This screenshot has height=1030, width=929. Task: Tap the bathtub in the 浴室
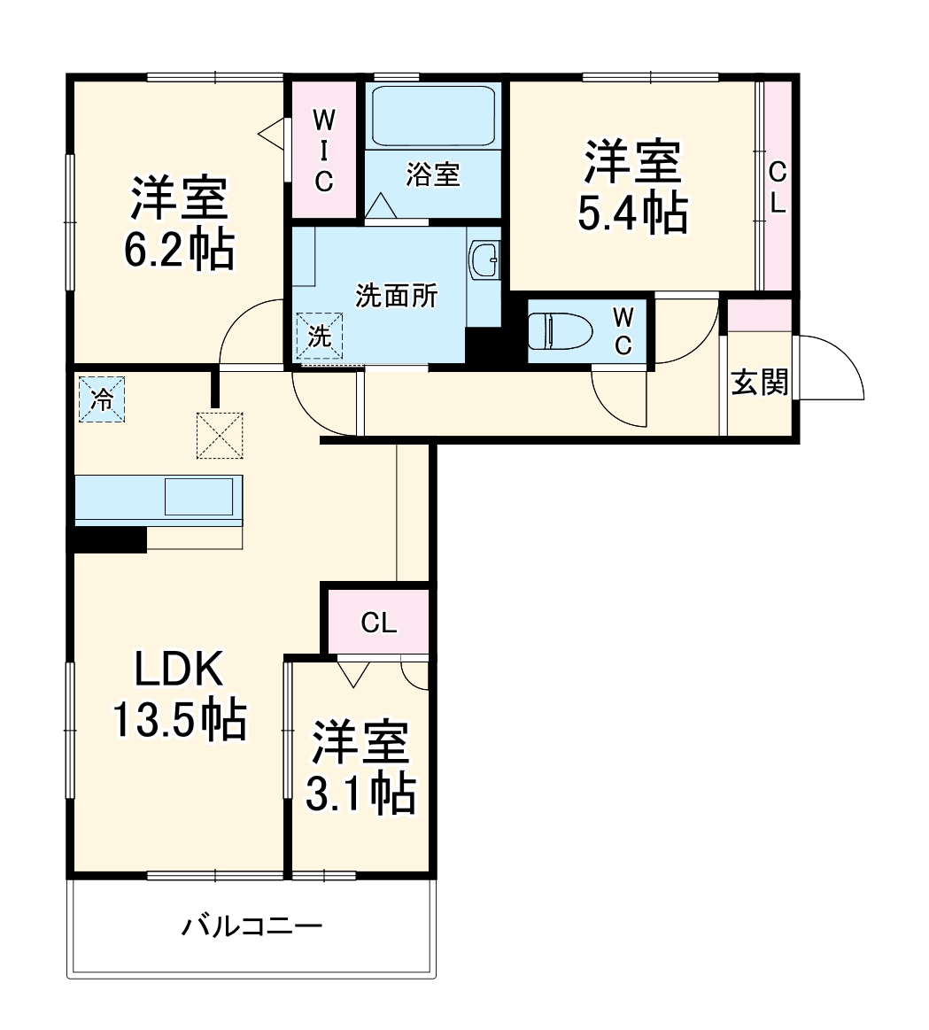pos(432,116)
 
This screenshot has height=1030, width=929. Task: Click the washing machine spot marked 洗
pos(319,335)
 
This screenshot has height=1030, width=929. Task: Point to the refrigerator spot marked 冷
pos(103,399)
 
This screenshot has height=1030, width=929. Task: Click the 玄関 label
pos(759,383)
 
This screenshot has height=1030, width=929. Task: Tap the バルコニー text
pos(252,927)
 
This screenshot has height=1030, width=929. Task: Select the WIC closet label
pos(324,150)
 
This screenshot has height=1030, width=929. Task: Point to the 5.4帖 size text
pos(632,213)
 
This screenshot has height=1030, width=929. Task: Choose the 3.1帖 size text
pos(360,794)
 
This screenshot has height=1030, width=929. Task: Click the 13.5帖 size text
pos(178,721)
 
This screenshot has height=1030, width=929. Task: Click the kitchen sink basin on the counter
pos(198,496)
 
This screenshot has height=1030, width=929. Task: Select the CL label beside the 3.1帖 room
pos(378,623)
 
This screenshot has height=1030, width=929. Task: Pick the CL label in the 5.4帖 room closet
pos(777,187)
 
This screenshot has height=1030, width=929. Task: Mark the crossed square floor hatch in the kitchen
pos(220,436)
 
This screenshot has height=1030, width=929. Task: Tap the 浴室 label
pos(433,174)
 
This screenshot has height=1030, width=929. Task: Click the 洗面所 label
pos(396,296)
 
